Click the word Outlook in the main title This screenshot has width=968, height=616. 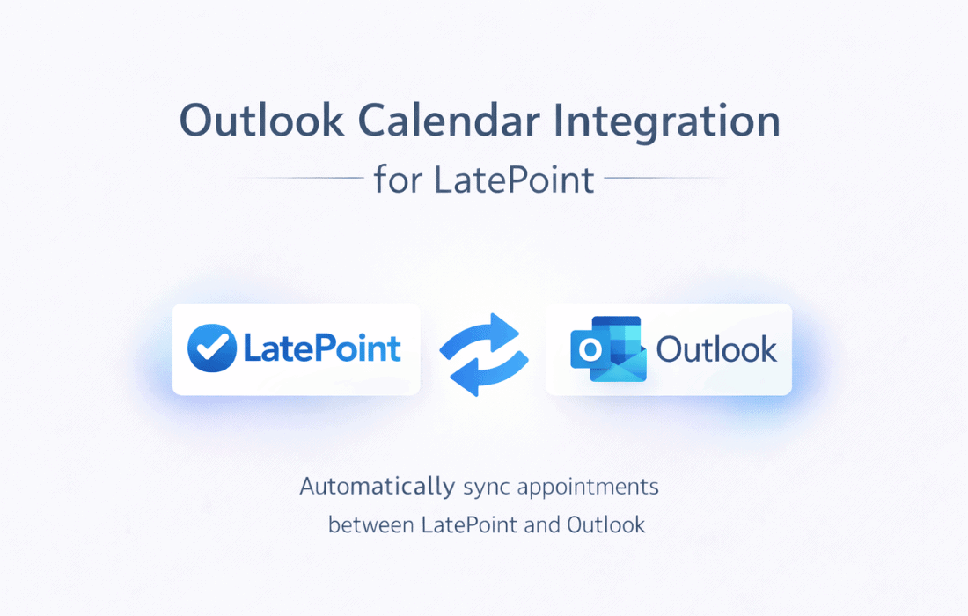[261, 121]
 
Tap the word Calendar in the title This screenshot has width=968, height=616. [449, 121]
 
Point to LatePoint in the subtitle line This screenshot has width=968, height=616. [514, 180]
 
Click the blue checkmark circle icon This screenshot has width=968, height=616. [212, 348]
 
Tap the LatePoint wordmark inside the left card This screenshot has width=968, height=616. [322, 348]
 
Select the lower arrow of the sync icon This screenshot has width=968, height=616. [490, 372]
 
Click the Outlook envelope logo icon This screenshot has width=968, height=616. [609, 348]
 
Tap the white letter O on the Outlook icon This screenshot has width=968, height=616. [589, 350]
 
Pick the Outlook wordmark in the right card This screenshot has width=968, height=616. [716, 349]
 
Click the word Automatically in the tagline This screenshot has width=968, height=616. [378, 487]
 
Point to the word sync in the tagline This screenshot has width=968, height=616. [487, 488]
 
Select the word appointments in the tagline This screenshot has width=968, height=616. [588, 488]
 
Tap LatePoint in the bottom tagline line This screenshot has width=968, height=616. [469, 525]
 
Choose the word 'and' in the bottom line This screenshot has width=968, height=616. [542, 525]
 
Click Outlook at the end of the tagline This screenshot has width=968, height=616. [606, 525]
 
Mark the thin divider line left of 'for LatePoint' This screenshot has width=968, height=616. [301, 178]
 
